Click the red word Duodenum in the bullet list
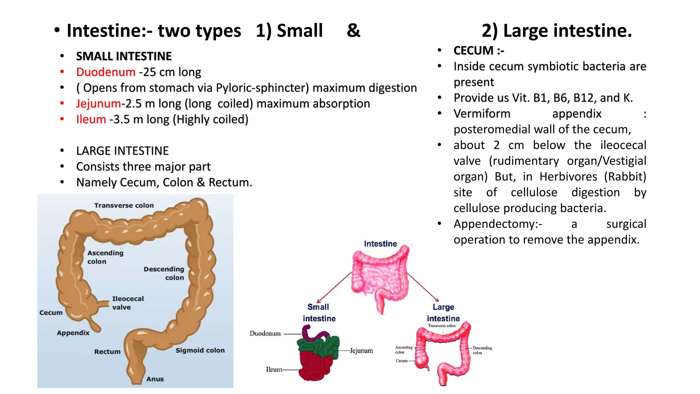click(106, 72)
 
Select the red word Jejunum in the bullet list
click(98, 104)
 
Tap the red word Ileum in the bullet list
click(91, 119)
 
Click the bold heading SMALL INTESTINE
click(124, 56)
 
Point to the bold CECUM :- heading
click(479, 51)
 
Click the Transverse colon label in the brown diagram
click(124, 206)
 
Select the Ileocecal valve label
click(128, 303)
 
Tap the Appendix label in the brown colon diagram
click(73, 333)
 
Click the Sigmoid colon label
click(200, 350)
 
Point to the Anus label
click(155, 379)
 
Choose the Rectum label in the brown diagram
click(107, 352)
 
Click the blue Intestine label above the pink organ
click(380, 244)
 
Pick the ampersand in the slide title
click(353, 31)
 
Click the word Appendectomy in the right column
click(497, 224)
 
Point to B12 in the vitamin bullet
click(584, 98)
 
